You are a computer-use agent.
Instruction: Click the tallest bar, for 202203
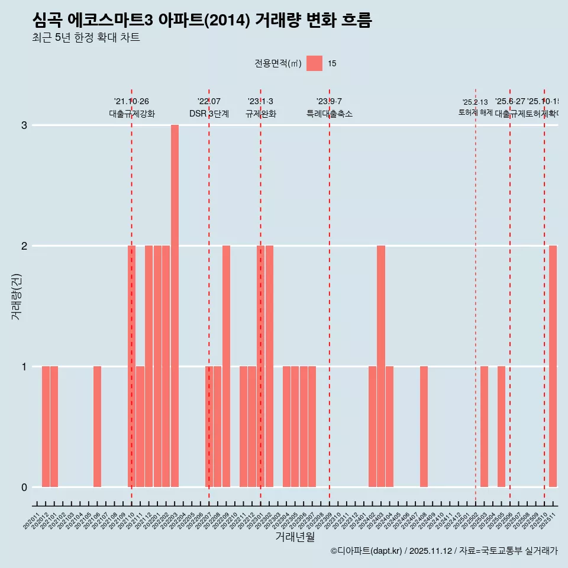pyautogui.click(x=175, y=306)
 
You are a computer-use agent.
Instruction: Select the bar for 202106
pyautogui.click(x=97, y=427)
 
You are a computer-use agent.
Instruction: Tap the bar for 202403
pyautogui.click(x=381, y=366)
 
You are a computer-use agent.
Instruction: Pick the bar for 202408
pyautogui.click(x=424, y=427)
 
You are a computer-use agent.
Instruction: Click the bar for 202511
pyautogui.click(x=553, y=366)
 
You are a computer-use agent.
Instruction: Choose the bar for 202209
pyautogui.click(x=226, y=366)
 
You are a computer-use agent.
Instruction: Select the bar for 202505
pyautogui.click(x=501, y=427)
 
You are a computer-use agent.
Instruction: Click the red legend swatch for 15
pyautogui.click(x=314, y=63)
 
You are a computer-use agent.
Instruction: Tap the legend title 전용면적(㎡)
pyautogui.click(x=277, y=63)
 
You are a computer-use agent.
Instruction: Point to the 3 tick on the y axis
pyautogui.click(x=24, y=125)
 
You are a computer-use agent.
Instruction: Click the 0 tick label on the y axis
pyautogui.click(x=24, y=488)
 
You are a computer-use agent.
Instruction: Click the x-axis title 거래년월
pyautogui.click(x=295, y=537)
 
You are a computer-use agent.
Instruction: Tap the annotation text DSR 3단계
pyautogui.click(x=209, y=114)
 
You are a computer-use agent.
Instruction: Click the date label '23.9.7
pyautogui.click(x=329, y=102)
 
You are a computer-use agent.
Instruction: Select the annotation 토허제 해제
pyautogui.click(x=475, y=112)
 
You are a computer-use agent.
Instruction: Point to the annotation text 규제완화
pyautogui.click(x=260, y=114)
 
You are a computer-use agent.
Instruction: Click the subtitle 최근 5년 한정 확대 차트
pyautogui.click(x=86, y=38)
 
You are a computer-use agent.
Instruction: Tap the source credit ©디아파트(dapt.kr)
pyautogui.click(x=366, y=551)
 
